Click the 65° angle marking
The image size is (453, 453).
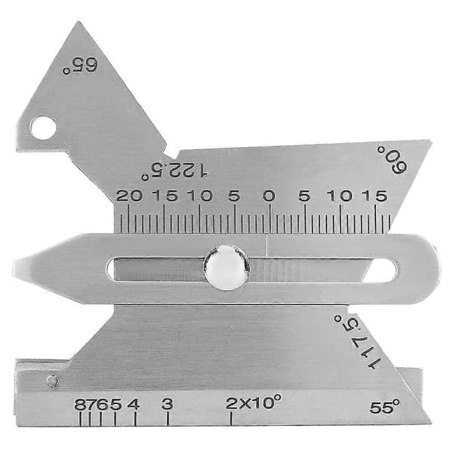pyautogui.click(x=80, y=66)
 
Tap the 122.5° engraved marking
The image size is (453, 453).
pyautogui.click(x=174, y=171)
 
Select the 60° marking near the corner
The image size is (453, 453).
pyautogui.click(x=393, y=160)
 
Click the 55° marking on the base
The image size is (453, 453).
pyautogui.click(x=385, y=407)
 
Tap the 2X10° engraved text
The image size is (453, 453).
pyautogui.click(x=254, y=402)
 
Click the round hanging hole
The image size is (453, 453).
pyautogui.click(x=43, y=128)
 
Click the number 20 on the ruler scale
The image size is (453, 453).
pyautogui.click(x=129, y=196)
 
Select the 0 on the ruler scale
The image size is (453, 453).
pyautogui.click(x=269, y=196)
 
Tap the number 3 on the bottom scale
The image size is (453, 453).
pyautogui.click(x=168, y=404)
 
